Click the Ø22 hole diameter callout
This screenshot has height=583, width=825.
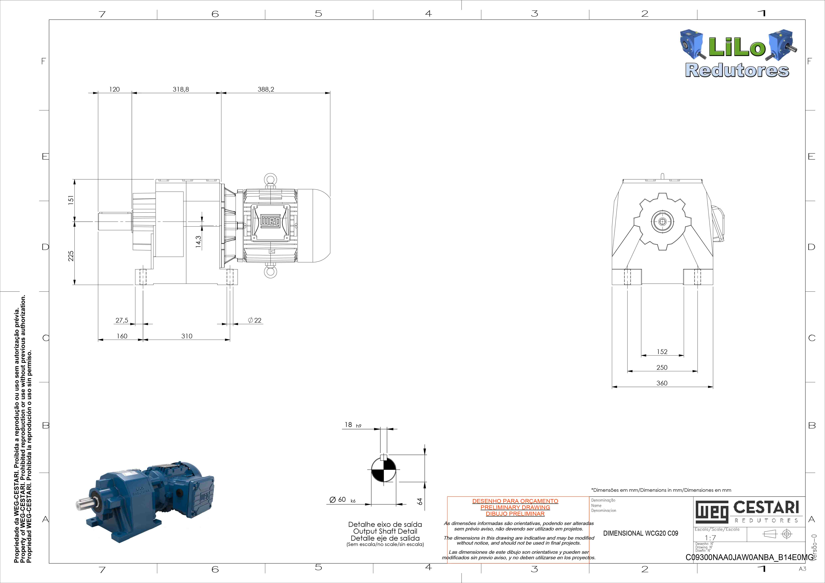pos(255,320)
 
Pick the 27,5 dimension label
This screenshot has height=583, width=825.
pos(122,320)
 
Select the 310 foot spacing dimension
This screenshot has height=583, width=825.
pos(187,336)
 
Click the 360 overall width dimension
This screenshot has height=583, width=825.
pos(662,383)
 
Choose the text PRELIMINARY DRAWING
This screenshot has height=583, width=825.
pos(515,507)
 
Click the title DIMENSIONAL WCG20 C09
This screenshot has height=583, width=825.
pos(641,533)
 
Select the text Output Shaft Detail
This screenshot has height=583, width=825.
pos(385,531)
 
